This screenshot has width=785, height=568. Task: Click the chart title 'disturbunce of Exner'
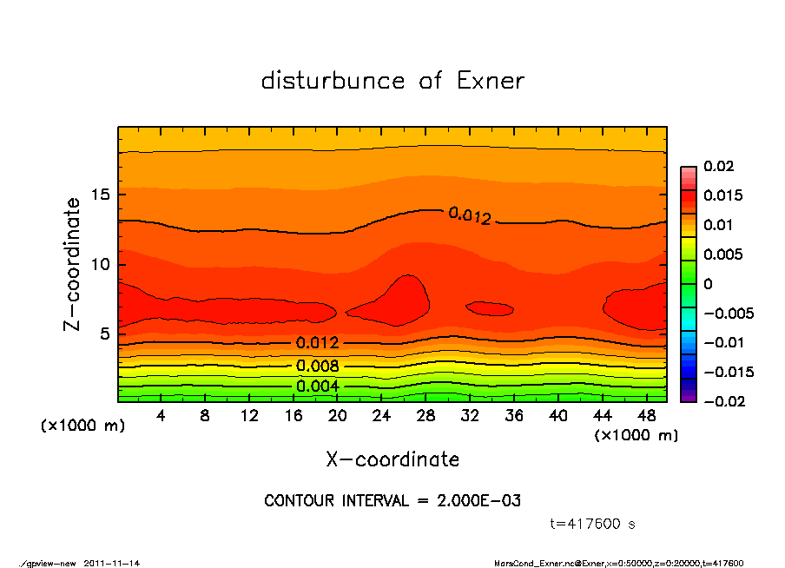(392, 81)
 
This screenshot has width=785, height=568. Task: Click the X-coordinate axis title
(392, 459)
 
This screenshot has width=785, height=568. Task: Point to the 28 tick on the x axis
(425, 416)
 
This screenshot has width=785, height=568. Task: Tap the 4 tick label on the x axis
(161, 416)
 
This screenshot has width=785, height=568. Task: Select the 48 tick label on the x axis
(646, 416)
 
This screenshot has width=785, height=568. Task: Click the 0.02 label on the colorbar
(719, 166)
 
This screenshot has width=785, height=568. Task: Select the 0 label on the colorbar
(708, 284)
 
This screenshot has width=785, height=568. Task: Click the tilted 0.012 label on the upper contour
(470, 215)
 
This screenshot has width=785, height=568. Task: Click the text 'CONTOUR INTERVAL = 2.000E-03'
(392, 501)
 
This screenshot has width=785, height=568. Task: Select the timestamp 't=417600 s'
(594, 524)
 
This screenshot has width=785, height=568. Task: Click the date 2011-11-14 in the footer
(112, 563)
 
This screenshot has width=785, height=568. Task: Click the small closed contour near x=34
(490, 308)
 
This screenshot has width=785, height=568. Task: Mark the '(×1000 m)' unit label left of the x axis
(79, 426)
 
